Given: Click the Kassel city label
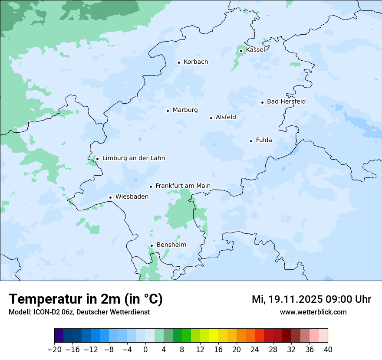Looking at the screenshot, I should click(255, 50).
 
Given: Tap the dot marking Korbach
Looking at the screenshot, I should click(179, 62).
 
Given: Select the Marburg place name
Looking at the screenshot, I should click(185, 110).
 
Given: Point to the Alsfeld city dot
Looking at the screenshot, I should click(211, 118).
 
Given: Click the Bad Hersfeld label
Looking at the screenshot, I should click(286, 101).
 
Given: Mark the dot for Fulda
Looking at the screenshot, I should click(251, 141).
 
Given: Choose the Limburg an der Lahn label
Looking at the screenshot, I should click(133, 158).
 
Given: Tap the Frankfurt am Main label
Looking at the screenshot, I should click(183, 186).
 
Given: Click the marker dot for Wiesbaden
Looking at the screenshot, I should click(111, 197).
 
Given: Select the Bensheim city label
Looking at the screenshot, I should click(171, 245).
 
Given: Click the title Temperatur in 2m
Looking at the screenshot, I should click(86, 299).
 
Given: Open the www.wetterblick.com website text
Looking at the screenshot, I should click(313, 312).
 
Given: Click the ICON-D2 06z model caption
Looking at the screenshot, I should click(79, 312).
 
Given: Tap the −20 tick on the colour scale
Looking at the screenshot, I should click(54, 350).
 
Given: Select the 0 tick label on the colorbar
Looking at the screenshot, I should click(145, 350).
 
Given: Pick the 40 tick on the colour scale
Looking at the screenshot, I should click(328, 350).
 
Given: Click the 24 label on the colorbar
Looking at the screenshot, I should click(255, 350).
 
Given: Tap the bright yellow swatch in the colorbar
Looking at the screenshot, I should click(214, 336).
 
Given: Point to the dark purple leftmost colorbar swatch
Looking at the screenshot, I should click(59, 336).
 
